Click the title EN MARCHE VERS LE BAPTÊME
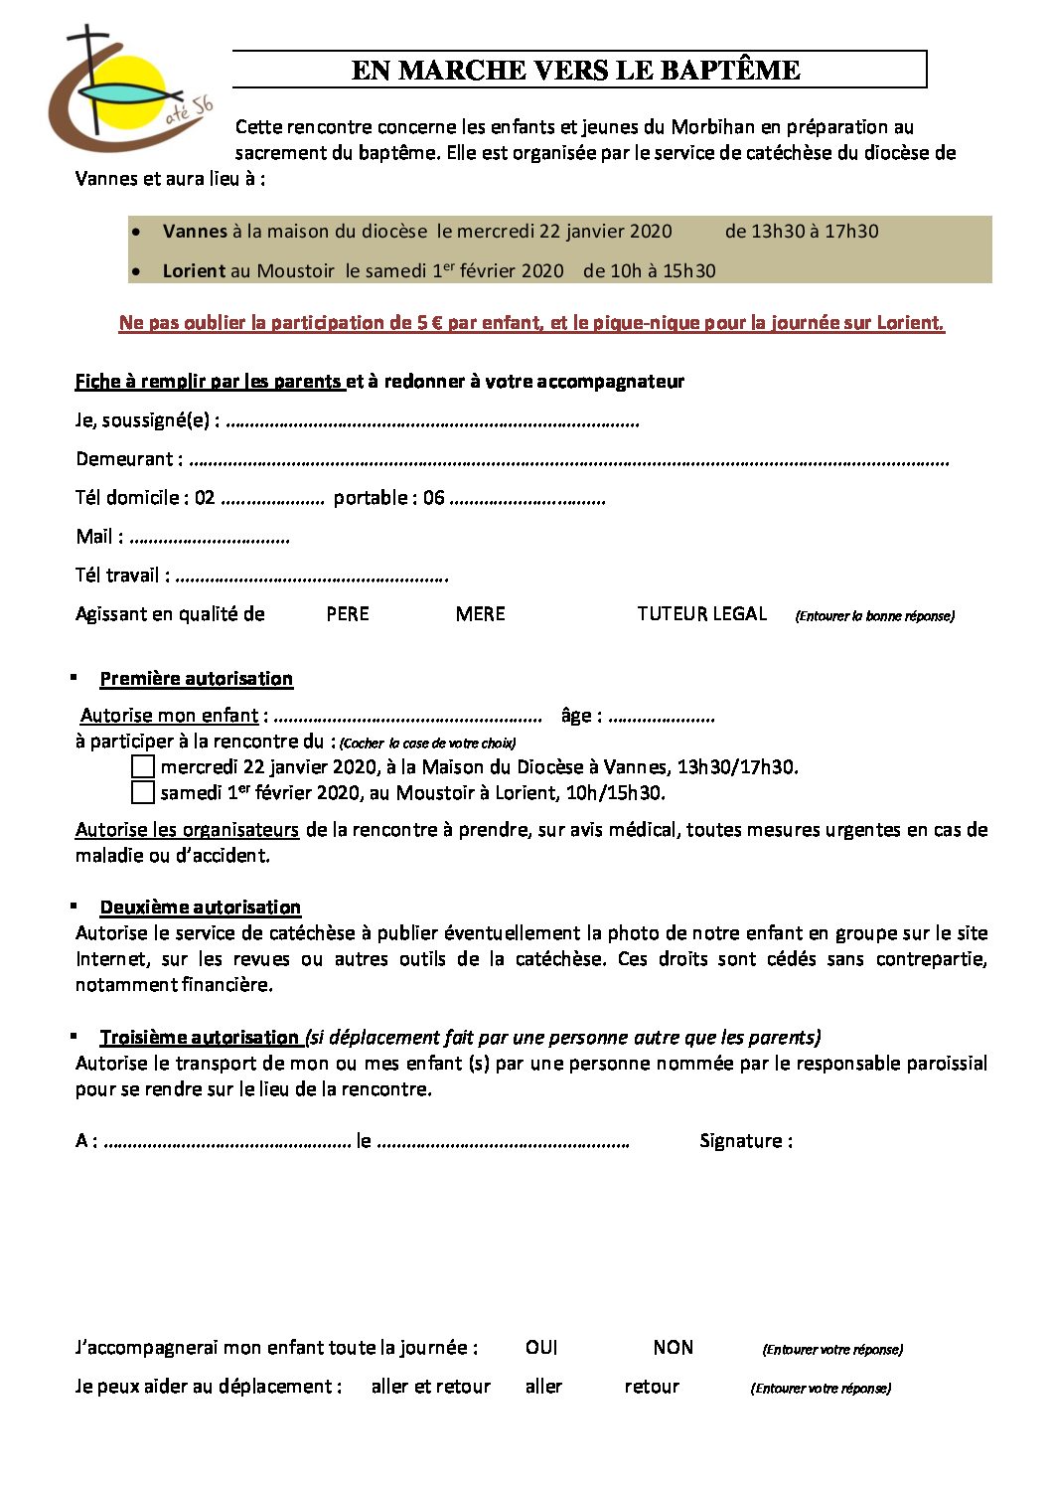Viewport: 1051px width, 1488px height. tap(576, 70)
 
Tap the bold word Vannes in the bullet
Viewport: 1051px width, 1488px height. tap(195, 232)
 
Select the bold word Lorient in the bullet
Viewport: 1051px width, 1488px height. tap(194, 271)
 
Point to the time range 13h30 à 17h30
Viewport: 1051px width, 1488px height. tap(802, 232)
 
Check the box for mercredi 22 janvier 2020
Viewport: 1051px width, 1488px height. tap(143, 766)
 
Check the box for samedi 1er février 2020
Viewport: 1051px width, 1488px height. tap(143, 792)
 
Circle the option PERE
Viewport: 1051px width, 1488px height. tap(348, 614)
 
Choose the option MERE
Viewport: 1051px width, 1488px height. tap(481, 614)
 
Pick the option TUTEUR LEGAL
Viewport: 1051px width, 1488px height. tap(701, 614)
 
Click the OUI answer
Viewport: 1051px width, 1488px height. tap(541, 1348)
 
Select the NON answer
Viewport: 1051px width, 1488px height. tap(674, 1348)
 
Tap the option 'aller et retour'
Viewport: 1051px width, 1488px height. tap(431, 1387)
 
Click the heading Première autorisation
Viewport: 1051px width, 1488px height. tap(197, 679)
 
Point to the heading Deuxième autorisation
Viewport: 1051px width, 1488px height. tap(201, 908)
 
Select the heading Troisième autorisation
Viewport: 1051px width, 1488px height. tap(200, 1038)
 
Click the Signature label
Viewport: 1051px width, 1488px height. tap(745, 1141)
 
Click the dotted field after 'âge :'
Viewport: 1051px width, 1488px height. tap(662, 718)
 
